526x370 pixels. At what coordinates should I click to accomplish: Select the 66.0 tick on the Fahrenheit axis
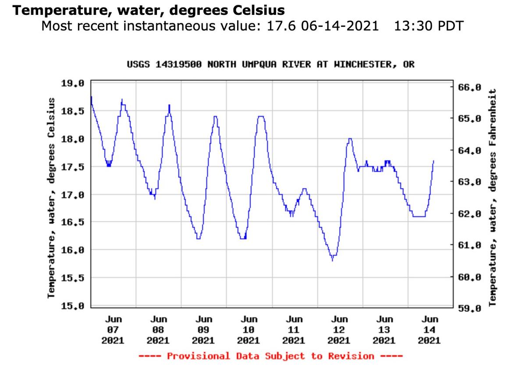[469, 87]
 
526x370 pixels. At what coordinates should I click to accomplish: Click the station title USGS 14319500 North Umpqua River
[270, 64]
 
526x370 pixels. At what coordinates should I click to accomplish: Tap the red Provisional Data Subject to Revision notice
[270, 356]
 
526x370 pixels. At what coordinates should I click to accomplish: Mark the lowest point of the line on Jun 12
[332, 260]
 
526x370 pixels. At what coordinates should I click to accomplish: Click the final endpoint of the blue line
[434, 161]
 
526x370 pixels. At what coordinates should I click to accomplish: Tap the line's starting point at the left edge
[91, 97]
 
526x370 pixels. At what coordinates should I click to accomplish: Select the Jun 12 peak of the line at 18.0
[350, 139]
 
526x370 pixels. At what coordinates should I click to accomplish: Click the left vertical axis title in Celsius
[51, 197]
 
